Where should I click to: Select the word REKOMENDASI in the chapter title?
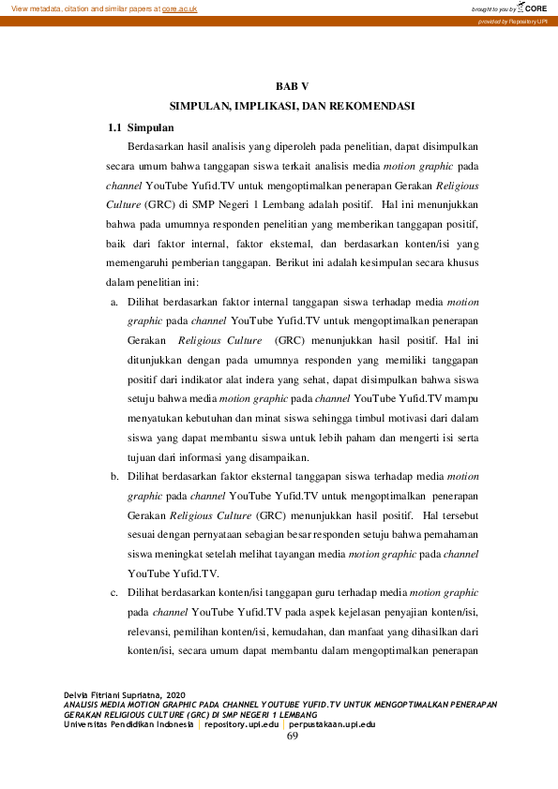[x=370, y=106]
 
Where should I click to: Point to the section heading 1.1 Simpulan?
[x=140, y=127]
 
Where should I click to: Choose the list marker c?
[x=114, y=592]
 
